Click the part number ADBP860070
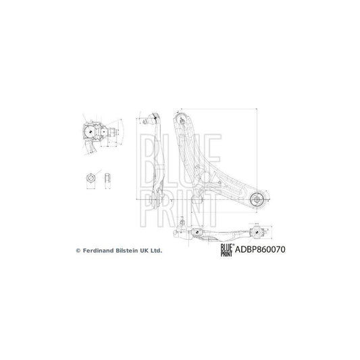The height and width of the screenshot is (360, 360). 261,249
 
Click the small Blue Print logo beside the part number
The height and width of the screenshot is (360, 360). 226,249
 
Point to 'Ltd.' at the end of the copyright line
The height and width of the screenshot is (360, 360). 157,250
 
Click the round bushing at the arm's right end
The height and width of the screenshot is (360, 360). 257,199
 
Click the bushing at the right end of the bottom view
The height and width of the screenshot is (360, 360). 257,232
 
